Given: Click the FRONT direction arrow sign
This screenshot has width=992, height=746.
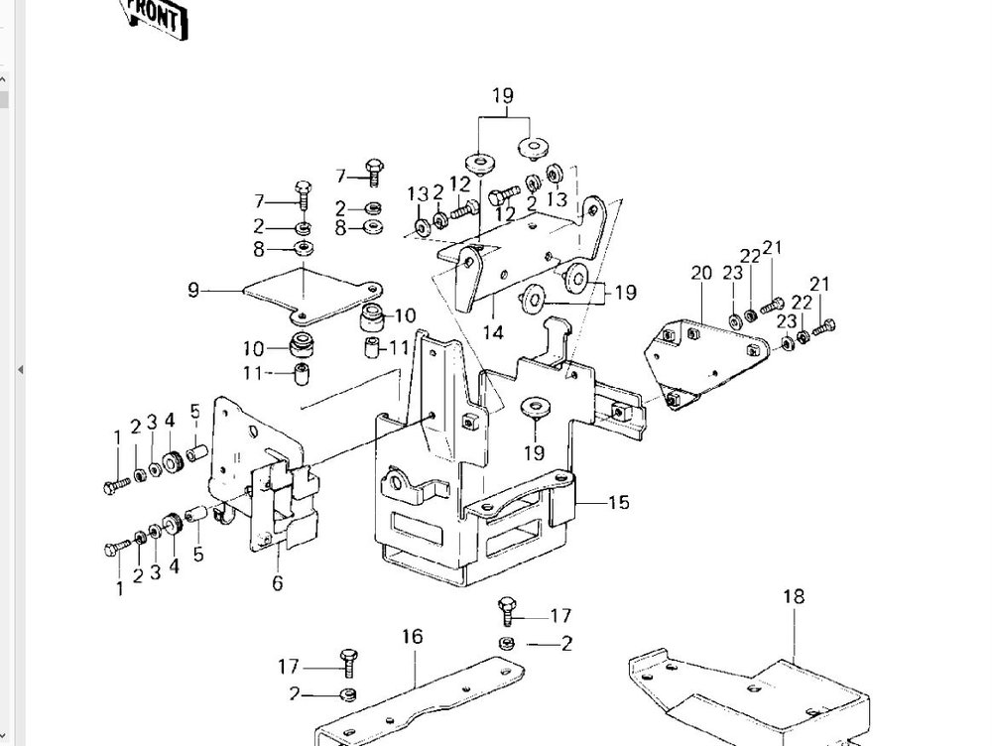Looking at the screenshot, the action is (x=155, y=17).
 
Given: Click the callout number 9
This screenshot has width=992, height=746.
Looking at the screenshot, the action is (x=193, y=291).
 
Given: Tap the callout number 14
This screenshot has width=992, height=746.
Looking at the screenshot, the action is (x=493, y=332).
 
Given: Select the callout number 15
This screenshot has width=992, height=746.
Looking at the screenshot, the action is (x=619, y=502).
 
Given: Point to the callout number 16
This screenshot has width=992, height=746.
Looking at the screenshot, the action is (x=412, y=636).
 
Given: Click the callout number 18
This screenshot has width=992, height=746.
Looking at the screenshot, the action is (x=794, y=596).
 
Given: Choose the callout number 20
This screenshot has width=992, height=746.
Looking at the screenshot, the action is (x=701, y=274).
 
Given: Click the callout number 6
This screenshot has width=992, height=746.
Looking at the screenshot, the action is (x=278, y=582).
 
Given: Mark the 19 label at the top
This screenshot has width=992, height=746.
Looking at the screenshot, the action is (x=503, y=96).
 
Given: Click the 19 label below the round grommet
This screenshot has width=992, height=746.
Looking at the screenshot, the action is (x=534, y=452).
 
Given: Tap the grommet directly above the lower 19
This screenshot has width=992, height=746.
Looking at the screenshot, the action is (x=536, y=407).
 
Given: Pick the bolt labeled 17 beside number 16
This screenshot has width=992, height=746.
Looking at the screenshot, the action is (x=348, y=663).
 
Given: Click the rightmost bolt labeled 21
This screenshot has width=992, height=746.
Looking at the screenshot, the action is (x=823, y=327).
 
